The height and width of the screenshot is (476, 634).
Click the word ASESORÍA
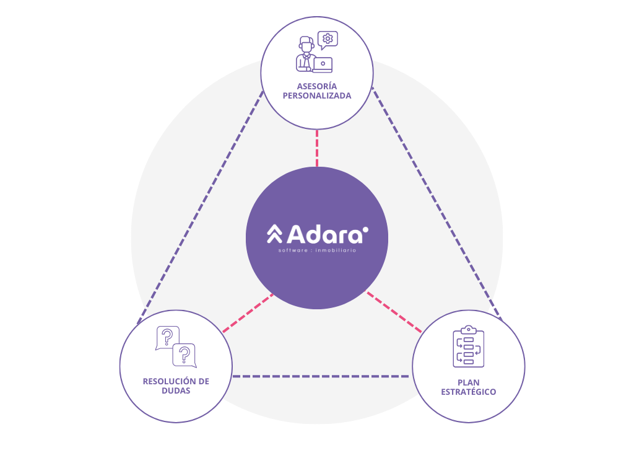(x=316, y=86)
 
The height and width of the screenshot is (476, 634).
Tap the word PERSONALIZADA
(x=316, y=95)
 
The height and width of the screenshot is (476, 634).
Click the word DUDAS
(x=176, y=391)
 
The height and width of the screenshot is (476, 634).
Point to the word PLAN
(x=468, y=382)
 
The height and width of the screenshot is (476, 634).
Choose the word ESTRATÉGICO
(x=468, y=392)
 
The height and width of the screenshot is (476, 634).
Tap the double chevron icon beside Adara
(x=274, y=234)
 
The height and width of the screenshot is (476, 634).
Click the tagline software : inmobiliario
(x=317, y=250)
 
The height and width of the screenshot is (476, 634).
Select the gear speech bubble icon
(x=328, y=40)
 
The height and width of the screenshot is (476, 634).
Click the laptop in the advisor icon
(x=323, y=64)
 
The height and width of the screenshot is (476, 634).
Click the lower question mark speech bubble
(x=184, y=355)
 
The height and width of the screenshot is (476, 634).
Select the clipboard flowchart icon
(x=469, y=347)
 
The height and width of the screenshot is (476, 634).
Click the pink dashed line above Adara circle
(x=317, y=148)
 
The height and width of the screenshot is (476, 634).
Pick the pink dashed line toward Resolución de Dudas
(x=248, y=313)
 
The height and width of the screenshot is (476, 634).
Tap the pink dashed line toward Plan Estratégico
(x=394, y=313)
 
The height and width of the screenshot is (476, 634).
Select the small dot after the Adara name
(x=365, y=229)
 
